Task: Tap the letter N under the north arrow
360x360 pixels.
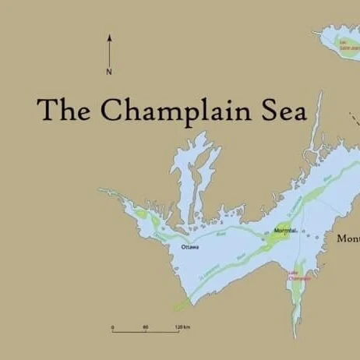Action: [109, 72]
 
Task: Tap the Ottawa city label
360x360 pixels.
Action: [190, 247]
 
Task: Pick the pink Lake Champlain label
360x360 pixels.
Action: [298, 275]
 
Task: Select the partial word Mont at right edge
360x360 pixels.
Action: [348, 238]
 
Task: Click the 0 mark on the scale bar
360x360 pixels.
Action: [112, 326]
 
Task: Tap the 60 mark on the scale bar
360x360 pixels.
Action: [146, 326]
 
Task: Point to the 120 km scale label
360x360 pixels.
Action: [182, 326]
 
